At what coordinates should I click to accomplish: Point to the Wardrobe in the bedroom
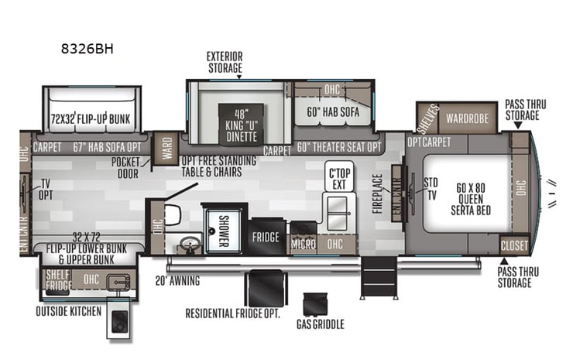(467, 119)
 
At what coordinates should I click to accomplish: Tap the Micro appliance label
(303, 244)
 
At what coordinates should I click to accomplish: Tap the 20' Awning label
(177, 281)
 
